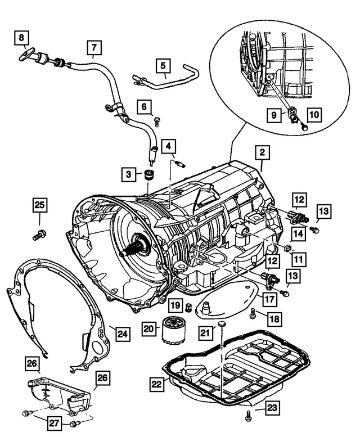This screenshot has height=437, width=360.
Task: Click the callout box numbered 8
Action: point(21,38)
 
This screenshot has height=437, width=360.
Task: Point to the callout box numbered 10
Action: point(313,114)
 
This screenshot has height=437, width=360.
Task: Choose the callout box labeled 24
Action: point(123,334)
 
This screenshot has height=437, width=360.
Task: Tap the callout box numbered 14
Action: point(299,232)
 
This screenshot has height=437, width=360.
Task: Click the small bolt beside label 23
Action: point(247,417)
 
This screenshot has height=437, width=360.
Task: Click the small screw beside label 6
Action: point(157,120)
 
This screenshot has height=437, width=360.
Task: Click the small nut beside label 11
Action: point(286,249)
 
